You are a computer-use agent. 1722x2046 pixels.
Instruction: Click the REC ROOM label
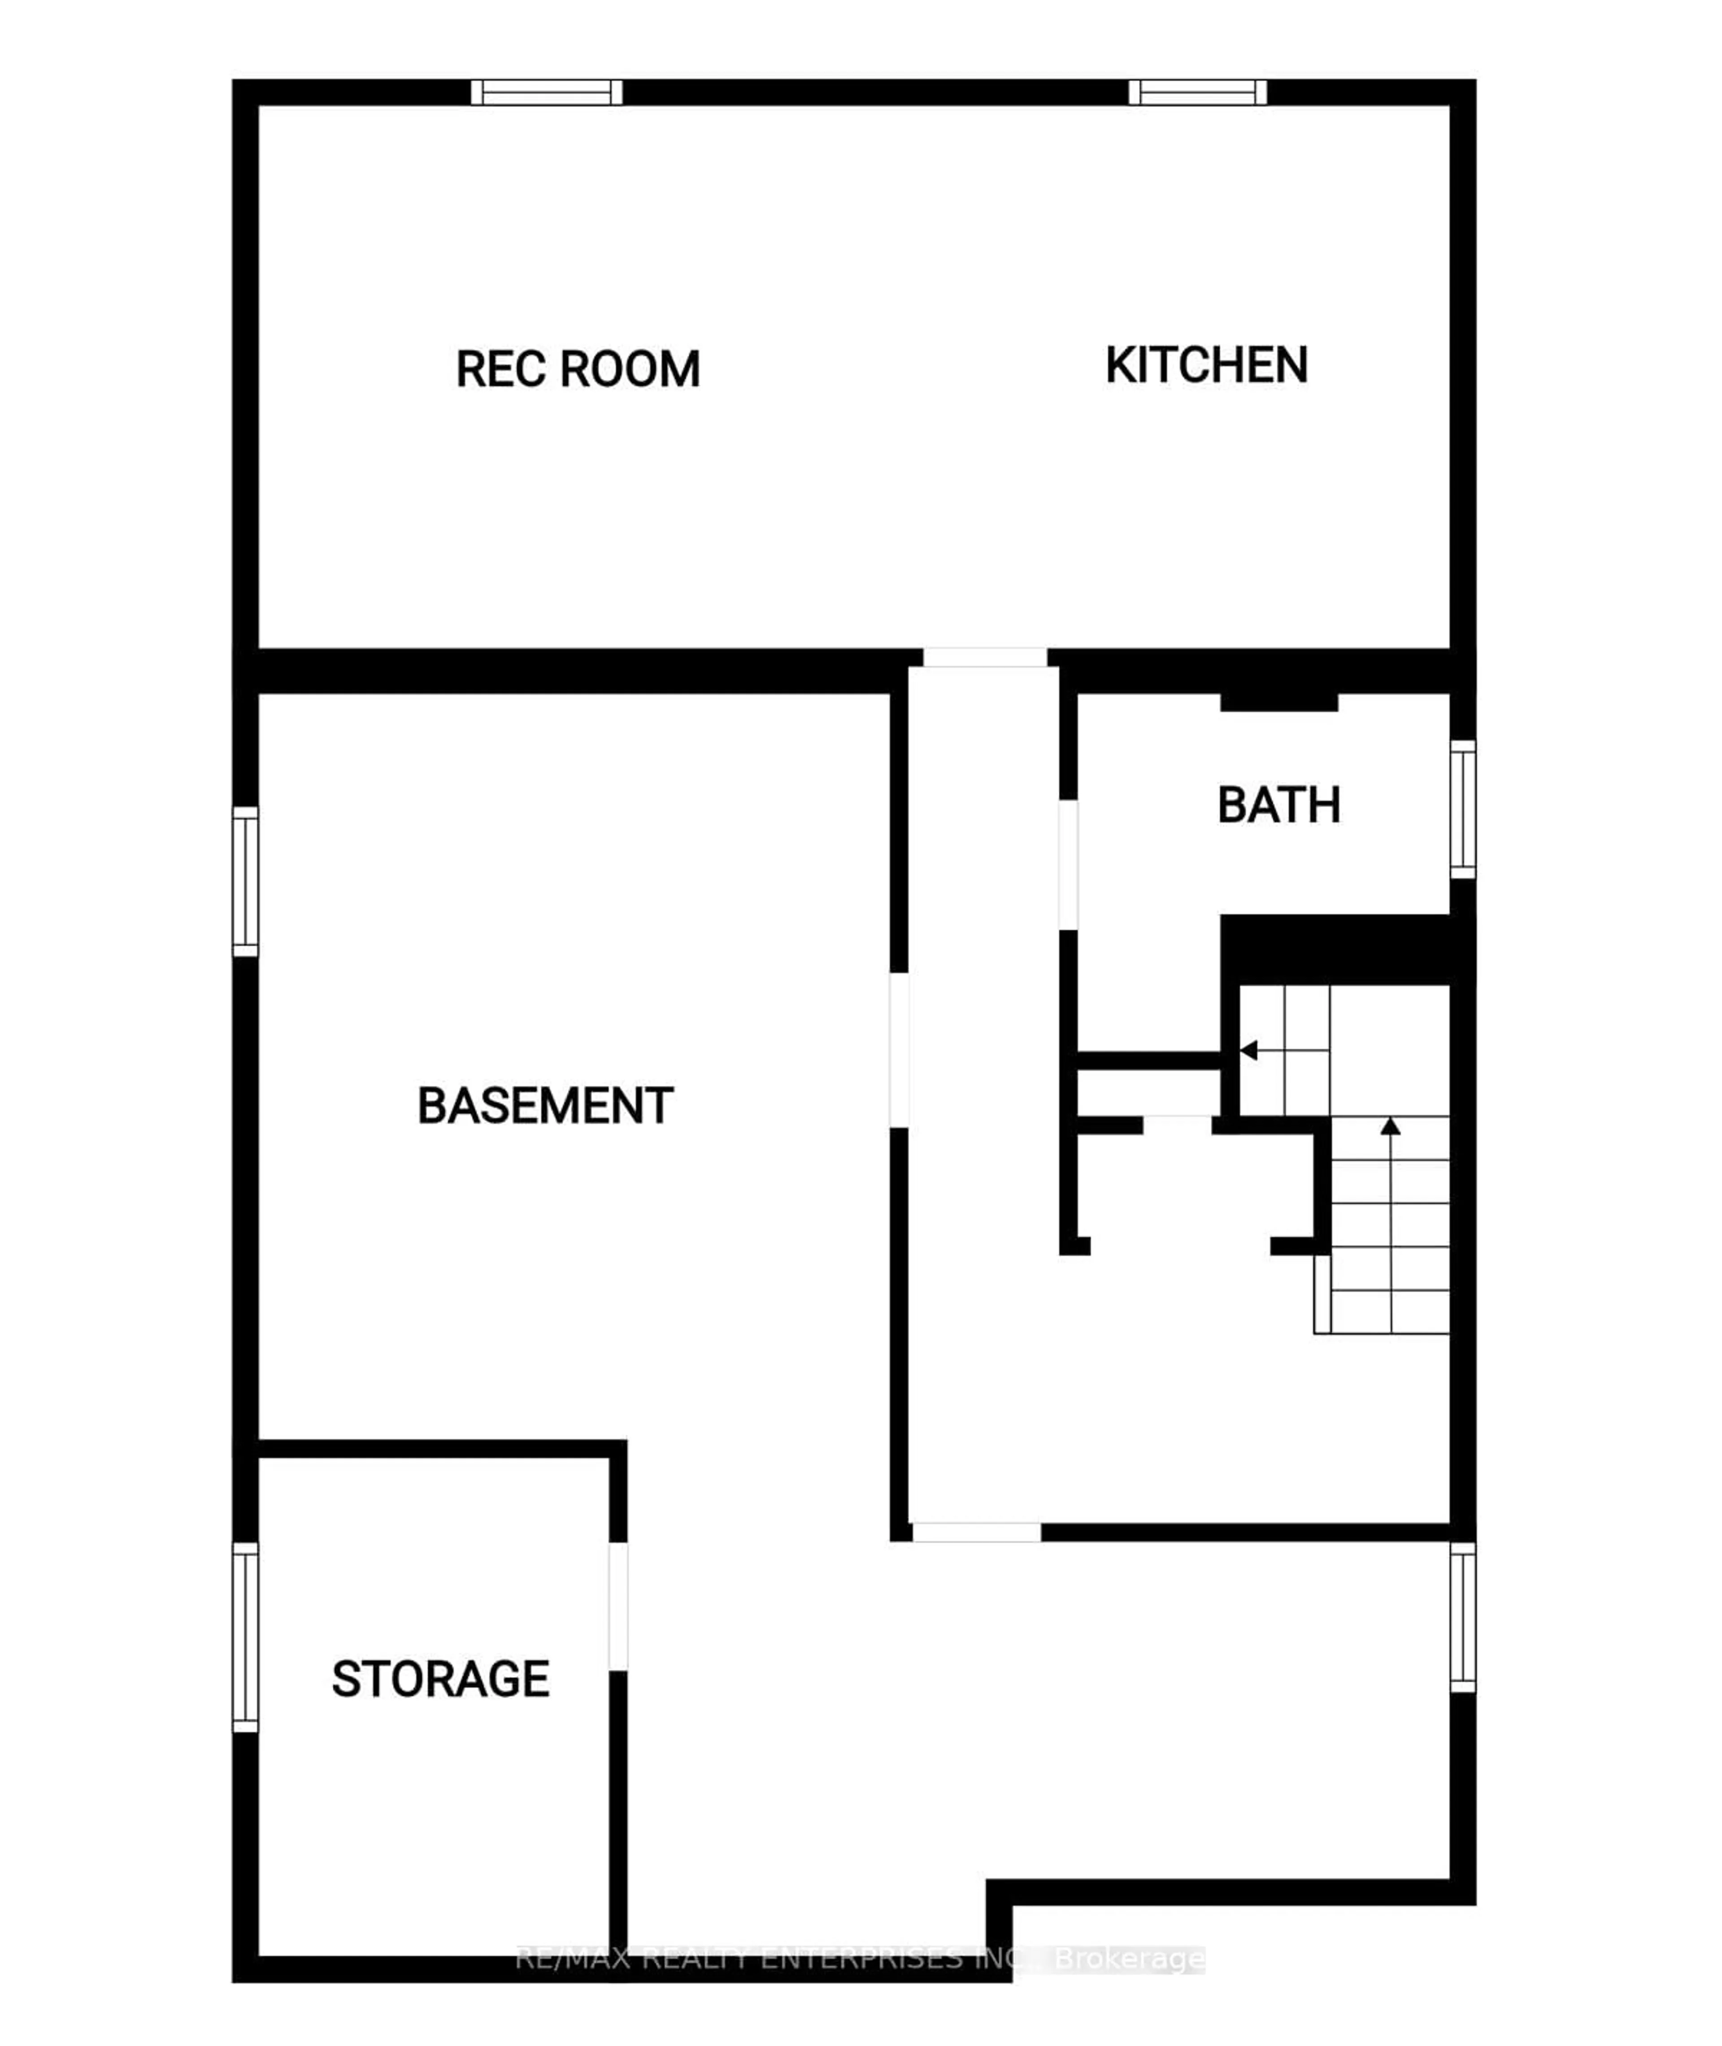click(578, 369)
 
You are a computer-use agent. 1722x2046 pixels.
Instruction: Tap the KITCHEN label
click(1207, 365)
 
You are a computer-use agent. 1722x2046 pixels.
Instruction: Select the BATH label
click(1279, 805)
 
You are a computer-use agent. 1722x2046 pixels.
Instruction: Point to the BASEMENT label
click(545, 1106)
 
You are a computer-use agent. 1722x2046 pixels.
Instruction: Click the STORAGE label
click(440, 1679)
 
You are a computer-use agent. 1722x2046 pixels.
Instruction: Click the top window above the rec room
click(547, 93)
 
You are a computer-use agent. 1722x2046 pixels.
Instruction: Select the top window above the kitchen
click(1198, 93)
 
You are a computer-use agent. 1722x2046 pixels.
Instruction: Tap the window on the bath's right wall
click(1462, 809)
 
